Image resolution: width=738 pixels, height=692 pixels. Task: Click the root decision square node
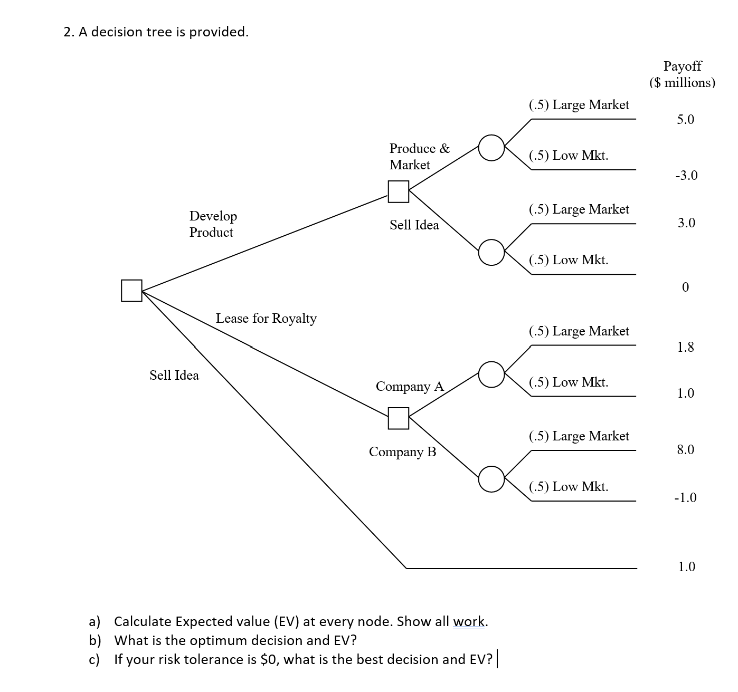click(x=131, y=291)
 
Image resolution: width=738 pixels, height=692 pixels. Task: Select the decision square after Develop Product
click(x=399, y=191)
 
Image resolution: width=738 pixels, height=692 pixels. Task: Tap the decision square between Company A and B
click(x=399, y=418)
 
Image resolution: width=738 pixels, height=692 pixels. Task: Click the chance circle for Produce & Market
click(x=491, y=148)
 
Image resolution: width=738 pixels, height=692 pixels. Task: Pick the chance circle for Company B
click(x=491, y=479)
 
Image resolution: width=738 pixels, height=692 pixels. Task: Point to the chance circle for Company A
click(x=491, y=374)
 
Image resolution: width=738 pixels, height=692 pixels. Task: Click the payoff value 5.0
click(x=686, y=120)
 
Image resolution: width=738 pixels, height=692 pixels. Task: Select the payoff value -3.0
click(x=686, y=176)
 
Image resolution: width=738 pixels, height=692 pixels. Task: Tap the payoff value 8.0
click(x=686, y=450)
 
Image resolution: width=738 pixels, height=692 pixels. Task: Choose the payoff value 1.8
click(x=686, y=347)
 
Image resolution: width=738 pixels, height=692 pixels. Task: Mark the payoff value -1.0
click(x=685, y=498)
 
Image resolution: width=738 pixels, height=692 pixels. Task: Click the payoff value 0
click(x=685, y=287)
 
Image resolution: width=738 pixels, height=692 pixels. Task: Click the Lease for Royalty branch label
click(x=266, y=319)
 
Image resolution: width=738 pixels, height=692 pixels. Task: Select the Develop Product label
click(x=213, y=224)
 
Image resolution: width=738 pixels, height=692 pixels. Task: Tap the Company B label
click(x=403, y=452)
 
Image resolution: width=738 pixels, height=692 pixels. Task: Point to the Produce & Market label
click(x=419, y=156)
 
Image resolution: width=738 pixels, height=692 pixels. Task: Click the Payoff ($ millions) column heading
click(x=682, y=74)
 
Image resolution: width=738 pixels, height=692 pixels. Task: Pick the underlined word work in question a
click(x=469, y=622)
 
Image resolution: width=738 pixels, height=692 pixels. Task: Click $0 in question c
click(x=269, y=660)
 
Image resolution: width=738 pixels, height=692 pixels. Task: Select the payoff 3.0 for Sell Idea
click(x=686, y=223)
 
